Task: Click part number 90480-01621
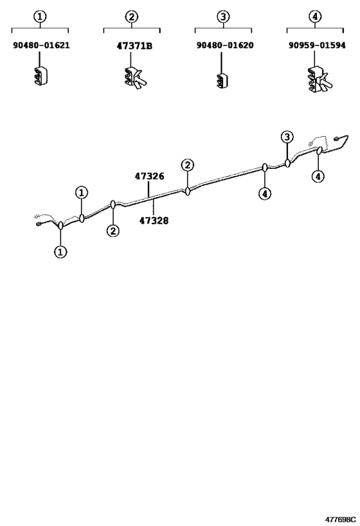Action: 41,46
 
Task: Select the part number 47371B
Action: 134,46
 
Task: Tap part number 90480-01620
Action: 224,46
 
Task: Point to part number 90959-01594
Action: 317,46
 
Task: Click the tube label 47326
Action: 149,176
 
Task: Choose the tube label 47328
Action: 154,221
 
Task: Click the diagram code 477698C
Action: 340,520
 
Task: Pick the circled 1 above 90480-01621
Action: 40,17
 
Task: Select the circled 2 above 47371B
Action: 132,17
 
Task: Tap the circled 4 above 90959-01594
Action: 315,17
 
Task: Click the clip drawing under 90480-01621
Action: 40,76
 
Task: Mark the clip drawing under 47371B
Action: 136,78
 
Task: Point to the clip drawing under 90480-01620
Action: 222,81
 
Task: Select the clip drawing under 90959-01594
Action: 319,80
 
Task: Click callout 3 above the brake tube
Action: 287,137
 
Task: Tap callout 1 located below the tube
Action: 60,252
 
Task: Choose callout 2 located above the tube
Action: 187,165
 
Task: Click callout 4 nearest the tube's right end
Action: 318,176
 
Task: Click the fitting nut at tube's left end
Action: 38,224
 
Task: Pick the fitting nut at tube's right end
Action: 336,139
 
